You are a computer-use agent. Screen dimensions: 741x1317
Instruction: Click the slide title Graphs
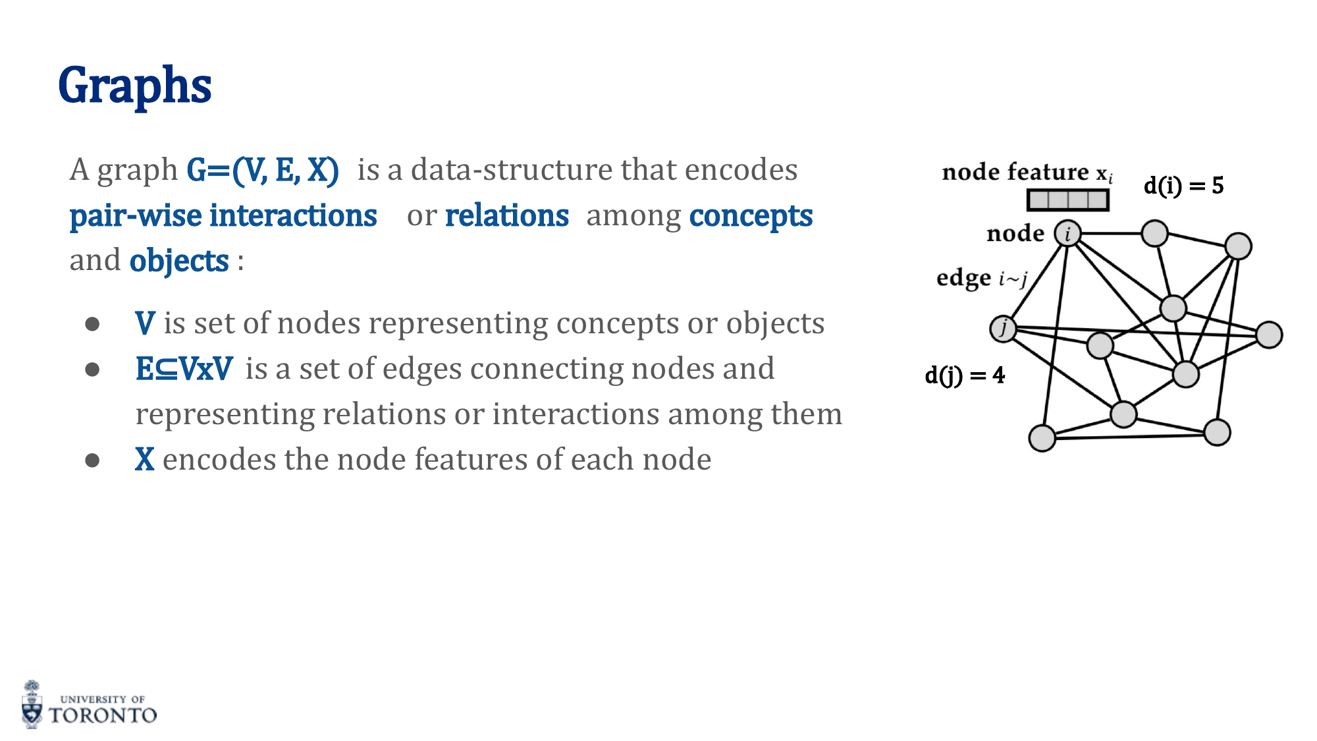[x=135, y=86]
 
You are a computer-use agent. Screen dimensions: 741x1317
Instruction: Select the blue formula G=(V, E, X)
[x=263, y=170]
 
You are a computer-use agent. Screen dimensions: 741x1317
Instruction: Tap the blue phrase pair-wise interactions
[x=223, y=216]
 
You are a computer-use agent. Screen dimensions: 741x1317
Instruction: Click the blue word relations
[x=506, y=216]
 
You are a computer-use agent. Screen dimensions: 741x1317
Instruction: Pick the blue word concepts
[x=751, y=216]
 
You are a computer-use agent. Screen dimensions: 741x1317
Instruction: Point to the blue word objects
[x=179, y=261]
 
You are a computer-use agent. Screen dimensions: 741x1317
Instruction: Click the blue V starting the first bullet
[x=145, y=323]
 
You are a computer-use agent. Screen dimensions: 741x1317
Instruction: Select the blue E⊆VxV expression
[x=184, y=369]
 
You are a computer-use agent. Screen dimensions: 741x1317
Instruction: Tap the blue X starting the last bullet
[x=145, y=460]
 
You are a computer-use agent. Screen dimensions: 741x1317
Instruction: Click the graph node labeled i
[x=1067, y=233]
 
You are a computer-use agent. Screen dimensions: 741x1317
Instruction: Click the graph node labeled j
[x=1003, y=328]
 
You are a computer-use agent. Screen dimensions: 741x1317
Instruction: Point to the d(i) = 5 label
[x=1183, y=186]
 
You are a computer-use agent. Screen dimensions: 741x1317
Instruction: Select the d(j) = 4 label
[x=965, y=375]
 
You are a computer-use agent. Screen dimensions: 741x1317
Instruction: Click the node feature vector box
[x=1067, y=200]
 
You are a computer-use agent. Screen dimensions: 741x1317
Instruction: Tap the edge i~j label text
[x=981, y=279]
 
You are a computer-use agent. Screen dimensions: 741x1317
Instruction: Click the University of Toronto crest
[x=32, y=705]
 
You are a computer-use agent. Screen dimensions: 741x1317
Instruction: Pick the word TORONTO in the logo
[x=103, y=715]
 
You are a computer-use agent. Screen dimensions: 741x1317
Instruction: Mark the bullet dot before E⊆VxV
[x=92, y=370]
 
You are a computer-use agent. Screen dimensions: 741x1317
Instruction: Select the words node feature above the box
[x=1015, y=173]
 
